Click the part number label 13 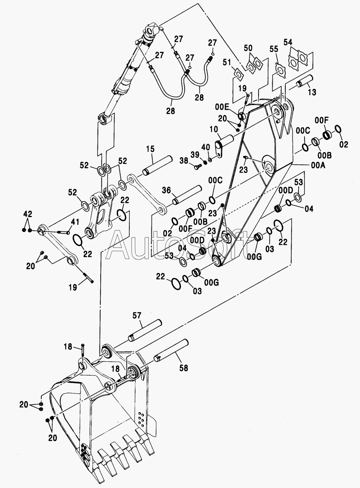(312, 92)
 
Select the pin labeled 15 (157, 166)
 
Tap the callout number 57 (137, 315)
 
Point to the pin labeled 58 (171, 350)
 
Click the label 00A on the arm (318, 165)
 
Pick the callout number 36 (167, 190)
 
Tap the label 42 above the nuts (28, 214)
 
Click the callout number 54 (288, 42)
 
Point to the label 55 (274, 49)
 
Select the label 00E (222, 107)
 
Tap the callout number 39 (195, 155)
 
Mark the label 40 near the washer (206, 147)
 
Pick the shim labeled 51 (239, 75)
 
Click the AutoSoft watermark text (178, 245)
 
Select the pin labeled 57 (145, 330)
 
